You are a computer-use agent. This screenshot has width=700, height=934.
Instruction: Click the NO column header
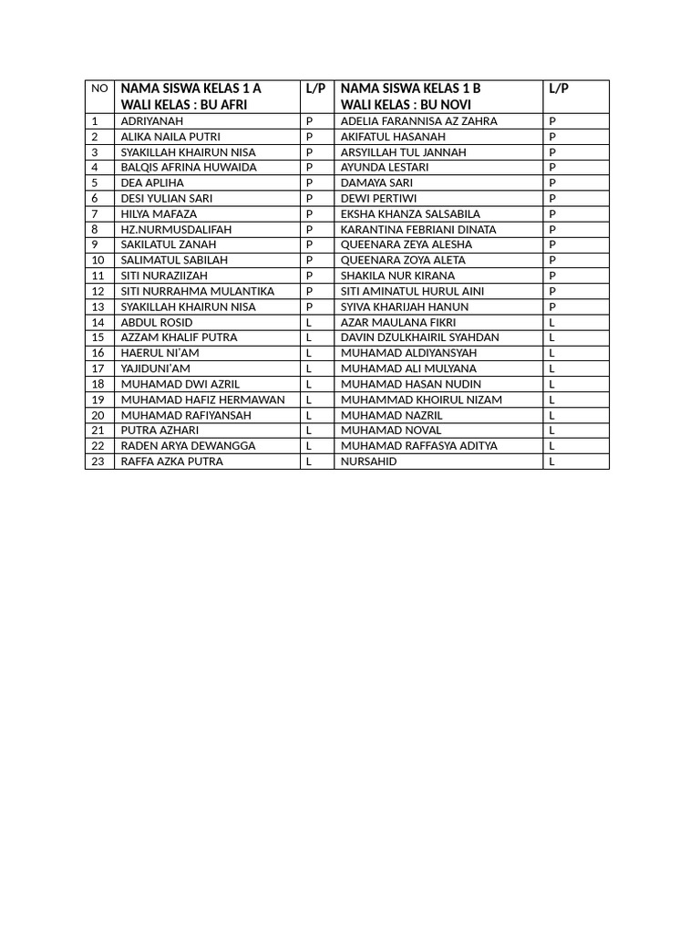99,88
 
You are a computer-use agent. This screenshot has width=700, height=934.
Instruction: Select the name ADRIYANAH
152,120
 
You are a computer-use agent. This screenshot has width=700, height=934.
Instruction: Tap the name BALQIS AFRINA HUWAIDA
189,167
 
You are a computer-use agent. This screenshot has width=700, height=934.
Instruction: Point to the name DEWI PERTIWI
377,198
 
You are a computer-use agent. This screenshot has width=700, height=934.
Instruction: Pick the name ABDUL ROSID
157,322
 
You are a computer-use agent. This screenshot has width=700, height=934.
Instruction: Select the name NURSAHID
369,462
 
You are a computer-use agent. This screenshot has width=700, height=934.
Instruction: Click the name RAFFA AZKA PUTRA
172,462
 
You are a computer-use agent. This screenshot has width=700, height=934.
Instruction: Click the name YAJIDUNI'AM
156,368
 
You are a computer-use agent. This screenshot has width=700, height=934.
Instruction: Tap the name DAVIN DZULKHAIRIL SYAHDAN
420,337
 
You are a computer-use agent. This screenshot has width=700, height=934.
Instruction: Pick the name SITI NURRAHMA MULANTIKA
198,291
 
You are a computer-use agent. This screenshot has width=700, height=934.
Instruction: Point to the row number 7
95,213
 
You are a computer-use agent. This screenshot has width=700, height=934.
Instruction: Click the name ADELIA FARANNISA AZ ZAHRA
419,120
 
